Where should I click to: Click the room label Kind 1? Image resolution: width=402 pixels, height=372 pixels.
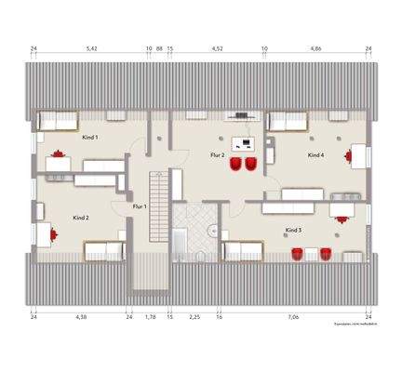[x=90, y=138]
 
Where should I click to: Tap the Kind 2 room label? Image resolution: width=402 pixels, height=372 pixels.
[x=81, y=218]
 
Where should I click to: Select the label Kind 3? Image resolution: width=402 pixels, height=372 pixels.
[x=293, y=228]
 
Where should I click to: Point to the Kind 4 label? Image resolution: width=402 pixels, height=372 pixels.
[x=315, y=155]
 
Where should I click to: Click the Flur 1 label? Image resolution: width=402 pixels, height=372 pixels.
[x=140, y=206]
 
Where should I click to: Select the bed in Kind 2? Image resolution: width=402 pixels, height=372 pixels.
[x=103, y=249]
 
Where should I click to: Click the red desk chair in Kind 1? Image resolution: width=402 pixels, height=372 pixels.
[x=60, y=153]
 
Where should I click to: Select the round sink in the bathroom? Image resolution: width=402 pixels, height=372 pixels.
[x=214, y=229]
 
